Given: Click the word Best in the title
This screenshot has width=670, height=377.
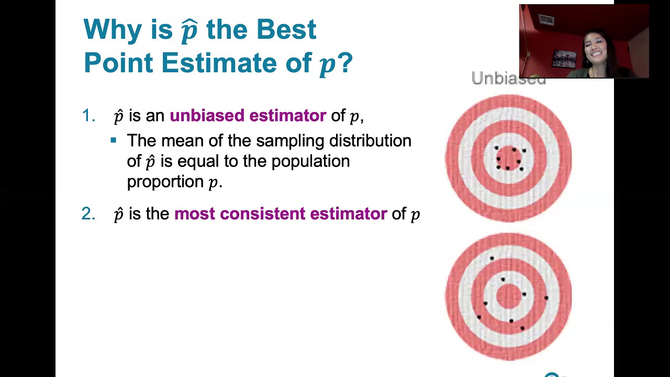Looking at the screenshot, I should (286, 30).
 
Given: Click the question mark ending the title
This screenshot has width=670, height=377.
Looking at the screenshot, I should (345, 63).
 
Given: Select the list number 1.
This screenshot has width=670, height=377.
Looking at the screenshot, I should (88, 116).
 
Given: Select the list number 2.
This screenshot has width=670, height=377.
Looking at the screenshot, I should (88, 214).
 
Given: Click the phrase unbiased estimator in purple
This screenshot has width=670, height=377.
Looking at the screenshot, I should (248, 116).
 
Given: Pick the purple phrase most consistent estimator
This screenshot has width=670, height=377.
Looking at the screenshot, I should (281, 214).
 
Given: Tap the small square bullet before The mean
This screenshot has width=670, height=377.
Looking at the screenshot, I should (114, 140).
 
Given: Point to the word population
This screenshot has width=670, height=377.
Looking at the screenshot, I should (310, 161).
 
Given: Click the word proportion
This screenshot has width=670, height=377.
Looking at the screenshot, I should (165, 182).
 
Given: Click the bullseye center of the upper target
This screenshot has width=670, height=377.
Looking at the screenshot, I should (509, 158).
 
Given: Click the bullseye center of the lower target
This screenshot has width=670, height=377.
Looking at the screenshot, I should (509, 296).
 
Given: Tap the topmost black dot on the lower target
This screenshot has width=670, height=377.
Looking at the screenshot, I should (492, 258).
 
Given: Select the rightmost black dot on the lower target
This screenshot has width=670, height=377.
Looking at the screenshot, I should (546, 298).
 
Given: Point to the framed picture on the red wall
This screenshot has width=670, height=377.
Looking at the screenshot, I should (564, 58).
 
